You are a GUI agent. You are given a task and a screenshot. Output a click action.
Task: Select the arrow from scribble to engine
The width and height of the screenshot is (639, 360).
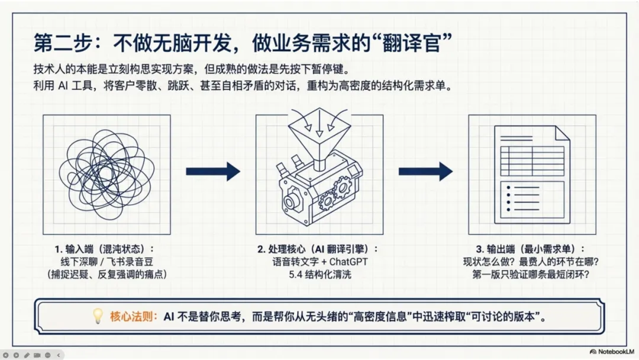click(213, 172)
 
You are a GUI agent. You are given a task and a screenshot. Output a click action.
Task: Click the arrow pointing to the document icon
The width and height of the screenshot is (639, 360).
click(425, 172)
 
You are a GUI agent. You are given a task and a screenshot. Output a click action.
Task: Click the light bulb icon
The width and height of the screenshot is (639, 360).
click(98, 316)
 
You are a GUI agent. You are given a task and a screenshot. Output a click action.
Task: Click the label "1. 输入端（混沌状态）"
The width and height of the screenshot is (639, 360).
click(106, 249)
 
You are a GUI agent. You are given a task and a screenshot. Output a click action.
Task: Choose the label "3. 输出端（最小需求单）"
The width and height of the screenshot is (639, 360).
click(532, 249)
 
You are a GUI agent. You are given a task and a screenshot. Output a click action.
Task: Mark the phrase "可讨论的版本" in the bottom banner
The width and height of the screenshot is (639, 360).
click(505, 316)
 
